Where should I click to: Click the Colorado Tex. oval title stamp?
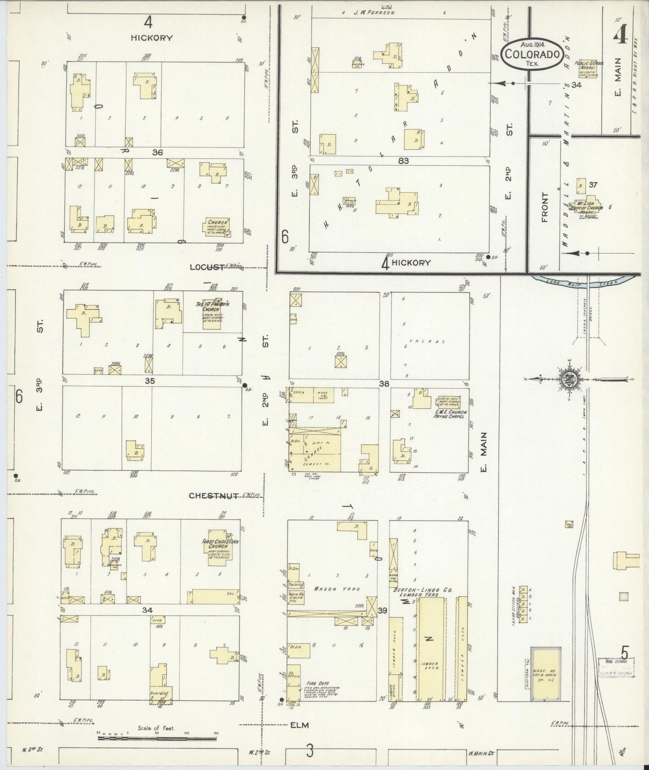coord(533,54)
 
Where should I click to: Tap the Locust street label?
coord(207,267)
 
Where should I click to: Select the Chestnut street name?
coord(213,496)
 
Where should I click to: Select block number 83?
coord(403,161)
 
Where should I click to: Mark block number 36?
coord(157,152)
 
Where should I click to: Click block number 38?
coord(384,384)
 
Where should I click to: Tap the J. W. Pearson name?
coord(374,13)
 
